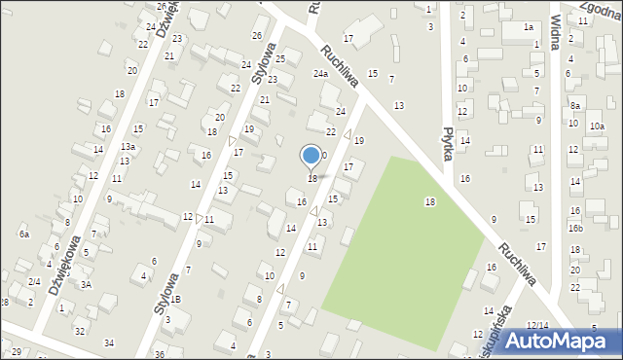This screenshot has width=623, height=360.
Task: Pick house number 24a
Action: click(320, 74)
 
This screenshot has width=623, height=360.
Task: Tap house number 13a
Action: click(128, 146)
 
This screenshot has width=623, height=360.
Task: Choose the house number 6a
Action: click(23, 234)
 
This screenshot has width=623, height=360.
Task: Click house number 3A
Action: click(86, 284)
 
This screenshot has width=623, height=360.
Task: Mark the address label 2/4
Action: click(33, 281)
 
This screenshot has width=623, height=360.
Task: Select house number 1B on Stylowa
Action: click(176, 299)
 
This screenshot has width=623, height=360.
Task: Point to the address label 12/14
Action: click(537, 324)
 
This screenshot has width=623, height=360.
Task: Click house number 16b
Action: click(575, 228)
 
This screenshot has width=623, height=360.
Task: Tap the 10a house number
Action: click(597, 126)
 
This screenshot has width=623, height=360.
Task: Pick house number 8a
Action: click(575, 106)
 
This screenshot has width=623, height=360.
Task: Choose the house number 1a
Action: click(529, 27)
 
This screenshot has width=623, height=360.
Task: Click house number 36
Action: click(159, 355)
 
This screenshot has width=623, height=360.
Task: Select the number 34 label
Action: click(109, 342)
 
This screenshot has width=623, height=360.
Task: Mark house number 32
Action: click(80, 332)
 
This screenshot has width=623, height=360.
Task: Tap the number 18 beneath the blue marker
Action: click(312, 179)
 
